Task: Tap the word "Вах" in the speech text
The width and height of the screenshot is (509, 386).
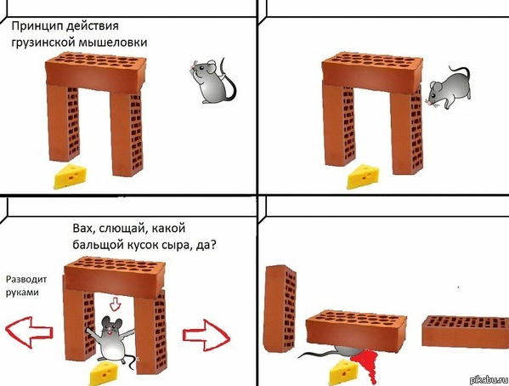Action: (83, 228)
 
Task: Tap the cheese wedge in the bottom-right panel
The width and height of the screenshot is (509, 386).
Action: (346, 369)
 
